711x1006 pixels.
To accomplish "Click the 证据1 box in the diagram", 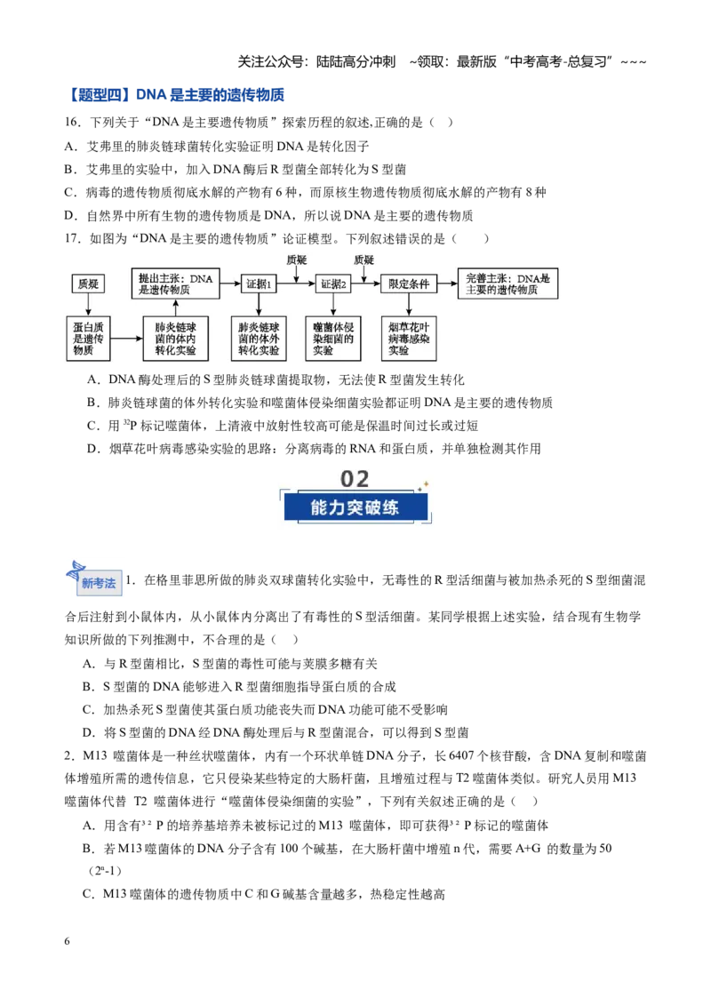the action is (259, 284).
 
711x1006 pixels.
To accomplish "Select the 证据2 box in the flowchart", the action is (333, 284).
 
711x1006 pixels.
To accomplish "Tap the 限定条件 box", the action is (409, 284).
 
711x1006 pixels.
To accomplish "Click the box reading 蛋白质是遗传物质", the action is (89, 338).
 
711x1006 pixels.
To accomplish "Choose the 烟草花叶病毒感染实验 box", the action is (409, 338).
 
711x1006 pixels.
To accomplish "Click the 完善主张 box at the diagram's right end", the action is (507, 283).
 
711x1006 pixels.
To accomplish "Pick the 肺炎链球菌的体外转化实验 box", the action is (259, 338).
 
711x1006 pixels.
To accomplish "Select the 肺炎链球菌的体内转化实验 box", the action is (175, 338).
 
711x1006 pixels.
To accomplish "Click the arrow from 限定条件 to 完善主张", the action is (447, 284).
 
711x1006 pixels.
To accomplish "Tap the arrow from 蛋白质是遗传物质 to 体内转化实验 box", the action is (127, 338).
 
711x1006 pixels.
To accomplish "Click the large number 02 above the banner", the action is (355, 479).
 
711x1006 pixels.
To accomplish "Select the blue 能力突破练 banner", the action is (355, 507).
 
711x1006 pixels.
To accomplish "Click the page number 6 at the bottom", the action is (67, 941).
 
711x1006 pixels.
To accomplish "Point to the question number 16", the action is (72, 123).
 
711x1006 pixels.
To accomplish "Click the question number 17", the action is (72, 239).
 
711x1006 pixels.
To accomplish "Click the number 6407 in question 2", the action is (462, 755).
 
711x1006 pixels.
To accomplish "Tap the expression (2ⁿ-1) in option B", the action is (105, 871).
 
